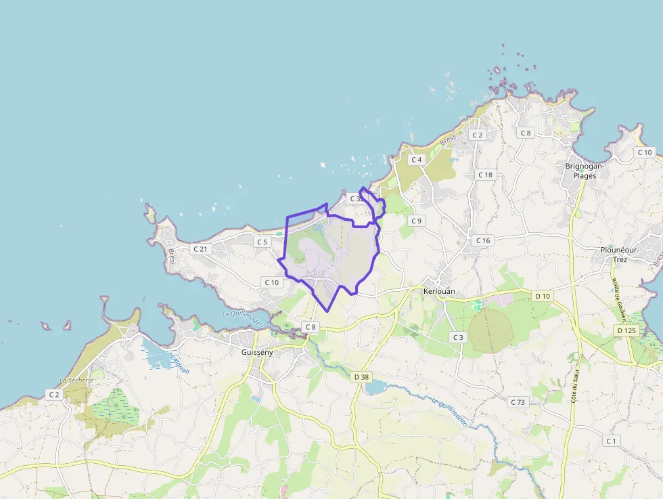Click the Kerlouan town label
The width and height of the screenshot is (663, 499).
pos(440,291)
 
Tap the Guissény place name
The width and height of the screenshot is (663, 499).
pos(258,352)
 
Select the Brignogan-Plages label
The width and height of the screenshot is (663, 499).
pos(585,171)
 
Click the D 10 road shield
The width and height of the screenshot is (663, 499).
pos(543,296)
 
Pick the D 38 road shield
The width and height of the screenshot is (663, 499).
pos(361,376)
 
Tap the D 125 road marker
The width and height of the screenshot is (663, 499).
pos(627,330)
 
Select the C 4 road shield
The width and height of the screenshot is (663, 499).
pos(416,160)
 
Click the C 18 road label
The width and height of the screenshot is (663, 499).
pos(485,175)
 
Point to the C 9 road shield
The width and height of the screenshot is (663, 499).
pos(416,221)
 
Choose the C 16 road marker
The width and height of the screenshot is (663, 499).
pos(482,240)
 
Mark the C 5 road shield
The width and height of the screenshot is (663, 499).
pos(262,242)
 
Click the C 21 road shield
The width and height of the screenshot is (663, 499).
pos(200,248)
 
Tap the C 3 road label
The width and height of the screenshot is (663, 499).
pos(459,337)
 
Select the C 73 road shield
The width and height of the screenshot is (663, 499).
pos(518,402)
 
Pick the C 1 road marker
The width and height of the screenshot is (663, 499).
pos(612,441)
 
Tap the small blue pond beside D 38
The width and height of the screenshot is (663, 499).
pos(375,387)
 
